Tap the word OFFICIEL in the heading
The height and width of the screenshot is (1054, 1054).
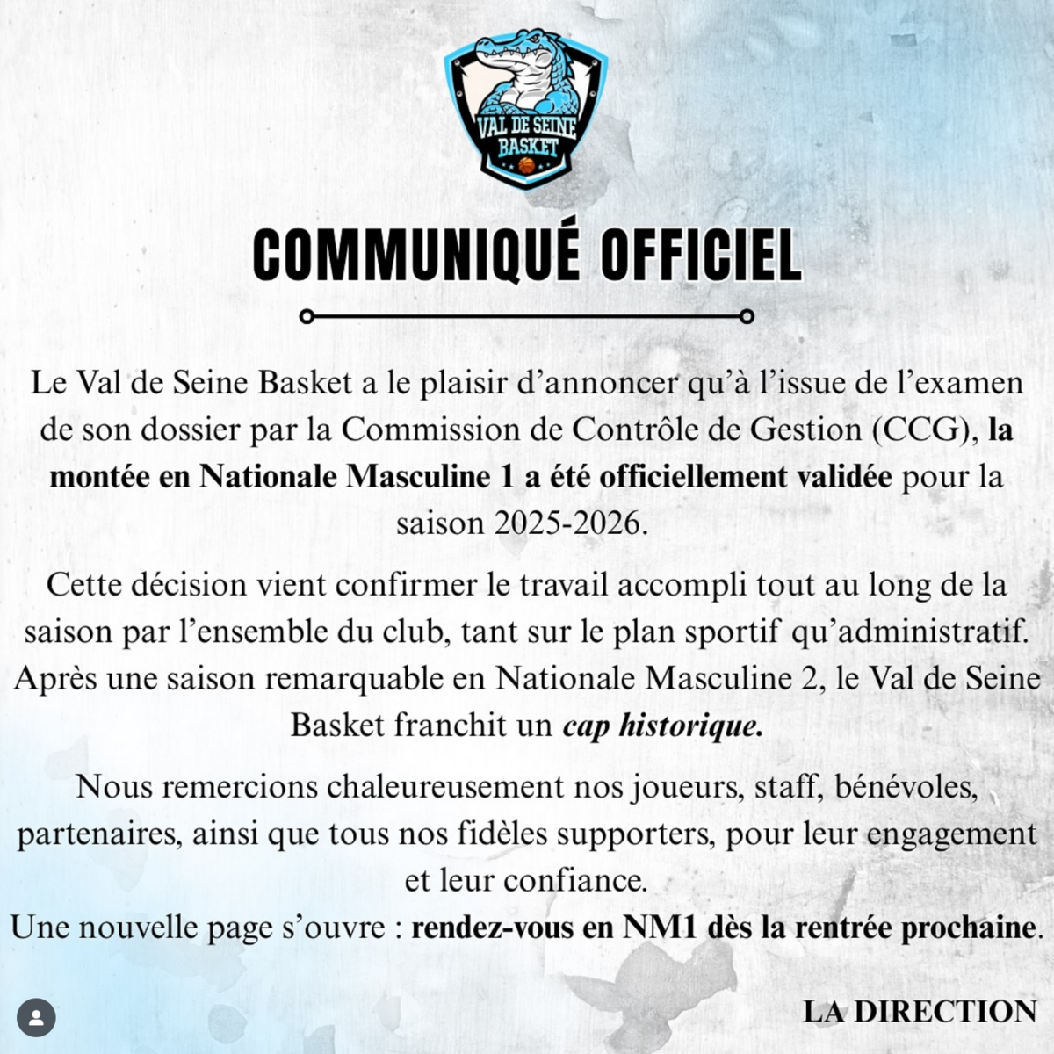(701, 255)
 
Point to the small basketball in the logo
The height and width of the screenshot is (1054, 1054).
(526, 164)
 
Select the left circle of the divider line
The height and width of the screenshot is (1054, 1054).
(307, 316)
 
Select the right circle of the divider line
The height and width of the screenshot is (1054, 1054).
(747, 316)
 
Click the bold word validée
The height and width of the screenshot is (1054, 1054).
(844, 477)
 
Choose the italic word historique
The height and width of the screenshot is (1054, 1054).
(691, 726)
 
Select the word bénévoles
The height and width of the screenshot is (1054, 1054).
(906, 787)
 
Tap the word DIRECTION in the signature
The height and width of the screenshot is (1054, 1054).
(945, 1012)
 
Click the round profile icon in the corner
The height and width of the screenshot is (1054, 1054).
(36, 1018)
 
